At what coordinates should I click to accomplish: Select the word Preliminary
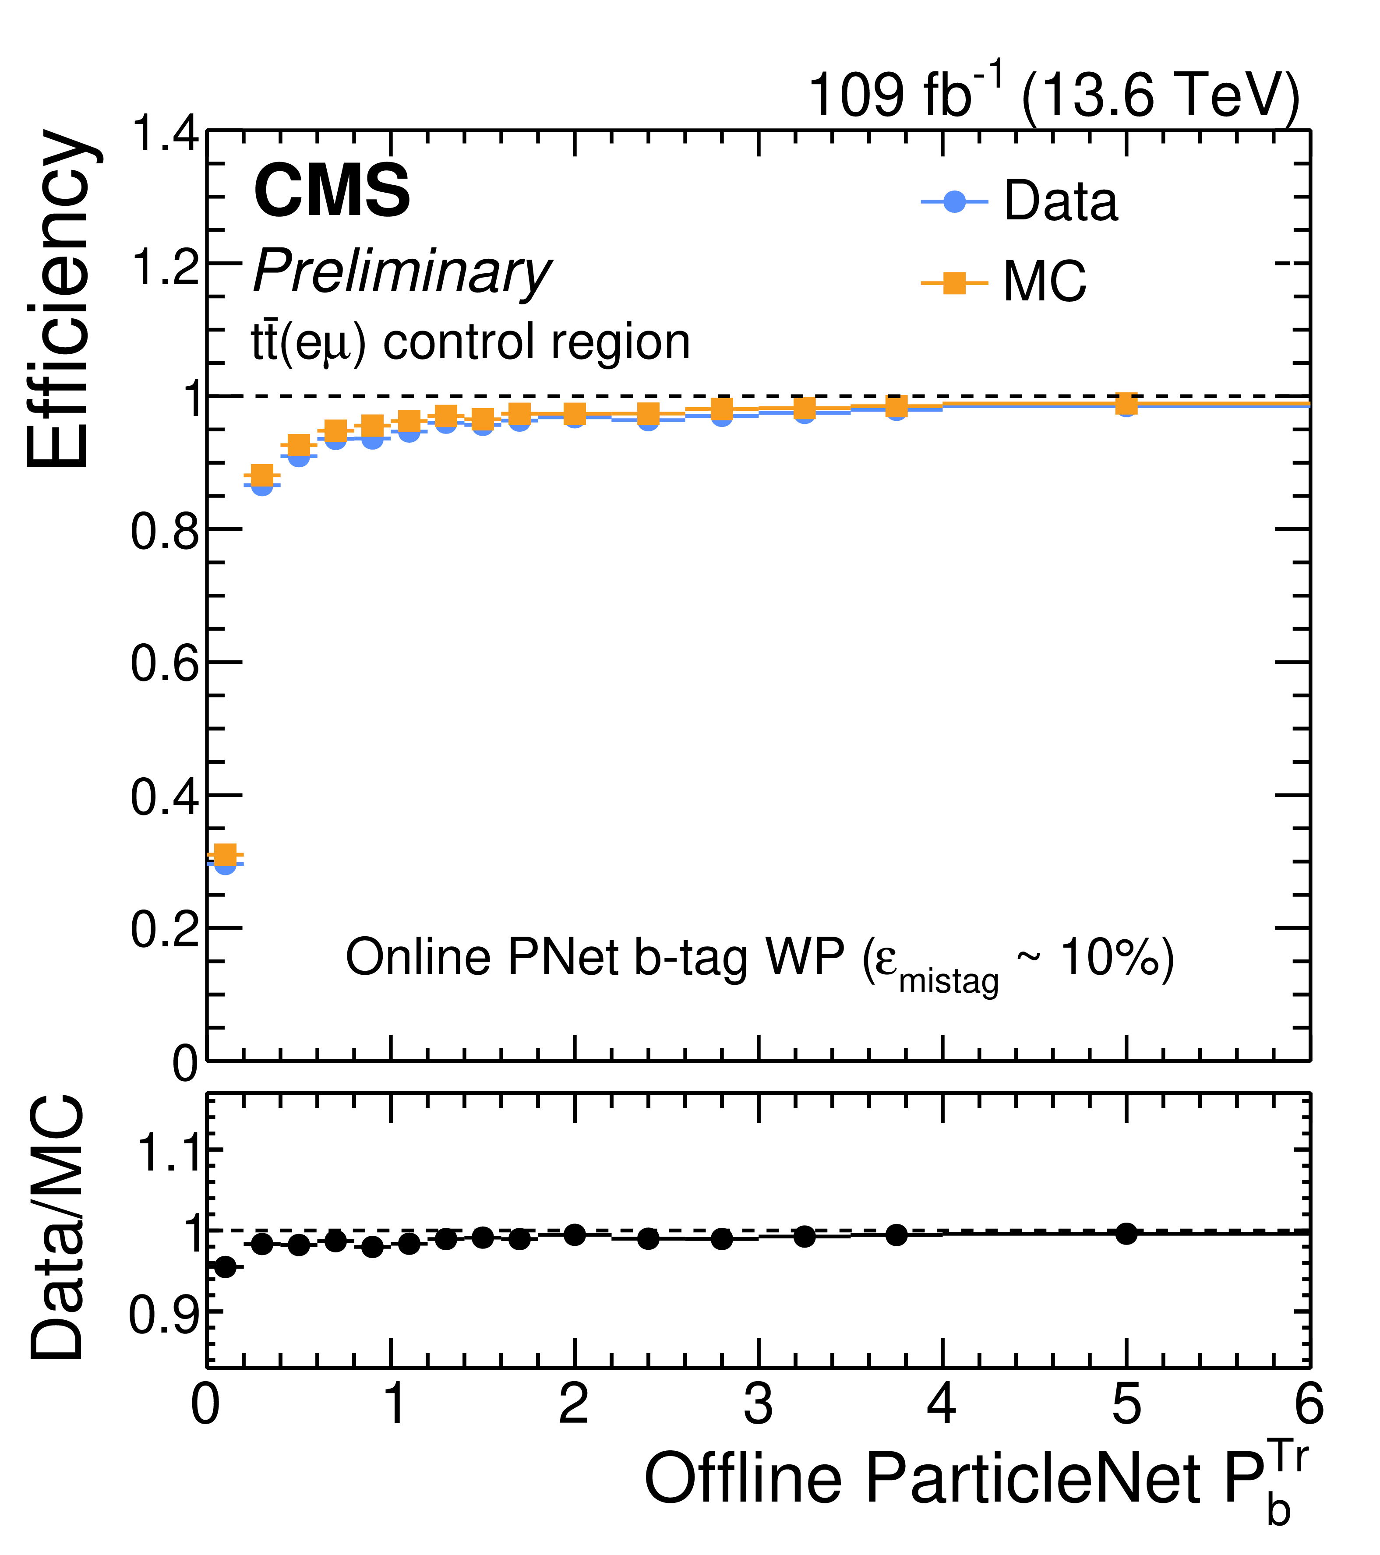point(402,272)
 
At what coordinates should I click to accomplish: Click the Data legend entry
point(1020,201)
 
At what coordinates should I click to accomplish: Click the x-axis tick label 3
point(759,1404)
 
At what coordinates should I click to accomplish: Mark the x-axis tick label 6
point(1309,1404)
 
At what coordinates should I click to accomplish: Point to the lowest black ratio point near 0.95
point(224,1267)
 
